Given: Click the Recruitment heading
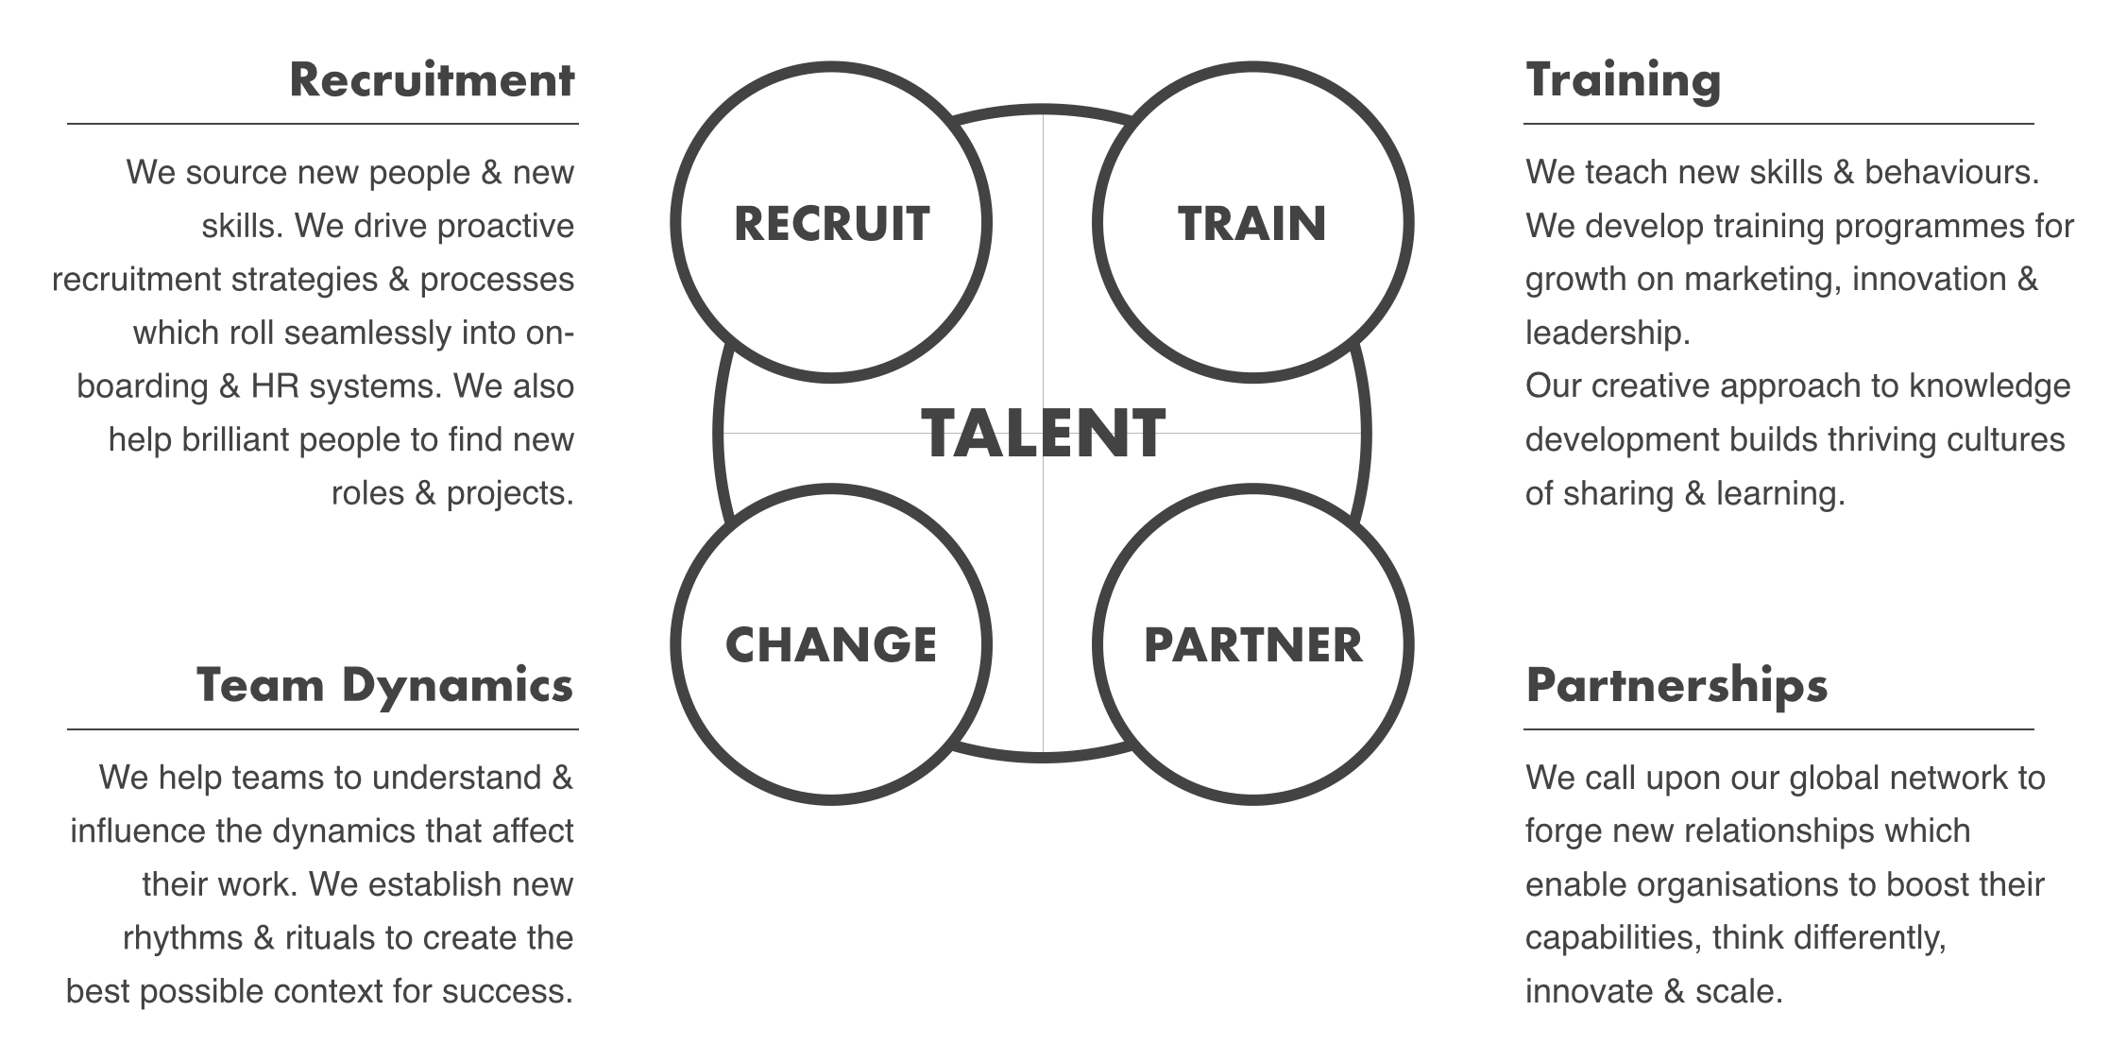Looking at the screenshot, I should [x=432, y=79].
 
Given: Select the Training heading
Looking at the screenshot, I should [x=1623, y=79].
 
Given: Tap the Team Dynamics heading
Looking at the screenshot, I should [x=384, y=685].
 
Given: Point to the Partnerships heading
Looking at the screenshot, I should [x=1676, y=685].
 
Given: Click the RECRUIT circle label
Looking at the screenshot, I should [x=831, y=224].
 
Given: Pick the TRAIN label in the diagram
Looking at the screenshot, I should [x=1251, y=224].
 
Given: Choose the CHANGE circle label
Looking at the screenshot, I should [x=831, y=644].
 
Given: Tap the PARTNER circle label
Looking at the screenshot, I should [x=1252, y=644].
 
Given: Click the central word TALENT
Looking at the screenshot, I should [x=1043, y=435].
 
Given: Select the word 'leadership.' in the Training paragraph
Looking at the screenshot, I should [x=1608, y=333].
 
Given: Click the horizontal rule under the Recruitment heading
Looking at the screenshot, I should [x=322, y=124].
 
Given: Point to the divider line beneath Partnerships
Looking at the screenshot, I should [x=1778, y=729].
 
